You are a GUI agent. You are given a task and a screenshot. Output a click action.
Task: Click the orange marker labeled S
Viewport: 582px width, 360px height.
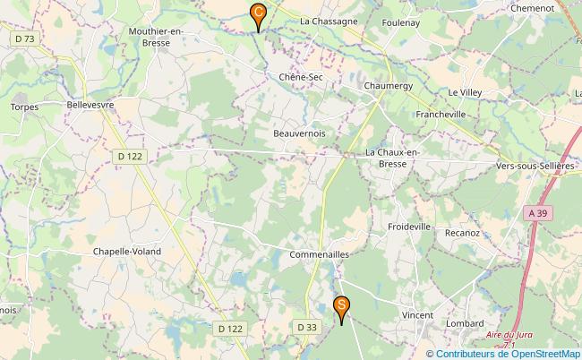tap(341, 307)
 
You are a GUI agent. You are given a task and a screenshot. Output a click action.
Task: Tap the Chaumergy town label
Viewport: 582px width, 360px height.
tap(388, 85)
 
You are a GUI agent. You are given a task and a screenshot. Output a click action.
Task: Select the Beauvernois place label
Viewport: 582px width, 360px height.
tap(299, 133)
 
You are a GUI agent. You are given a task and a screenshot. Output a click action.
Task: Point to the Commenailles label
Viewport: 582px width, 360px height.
tap(319, 255)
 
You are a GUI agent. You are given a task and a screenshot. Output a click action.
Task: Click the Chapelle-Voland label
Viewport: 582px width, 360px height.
tap(127, 252)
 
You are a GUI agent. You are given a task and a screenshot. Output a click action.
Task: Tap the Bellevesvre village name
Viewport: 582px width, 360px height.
tap(90, 105)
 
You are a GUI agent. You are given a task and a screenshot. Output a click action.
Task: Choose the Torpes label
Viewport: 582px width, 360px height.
tap(24, 107)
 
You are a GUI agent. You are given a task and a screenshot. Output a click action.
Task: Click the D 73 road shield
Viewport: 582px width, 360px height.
tap(25, 39)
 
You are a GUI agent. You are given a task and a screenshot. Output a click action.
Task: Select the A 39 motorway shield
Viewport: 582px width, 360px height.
tap(536, 212)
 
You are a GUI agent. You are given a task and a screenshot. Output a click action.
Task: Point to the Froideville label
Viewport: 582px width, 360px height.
tap(410, 227)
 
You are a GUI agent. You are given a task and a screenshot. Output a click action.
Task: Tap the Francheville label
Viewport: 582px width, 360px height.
tap(441, 115)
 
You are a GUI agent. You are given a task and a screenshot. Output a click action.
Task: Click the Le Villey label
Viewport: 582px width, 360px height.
tap(465, 92)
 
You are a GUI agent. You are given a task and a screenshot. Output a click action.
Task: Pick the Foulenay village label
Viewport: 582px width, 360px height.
tap(400, 22)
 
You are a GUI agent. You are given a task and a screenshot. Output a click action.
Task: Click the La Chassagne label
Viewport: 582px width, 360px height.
tap(330, 21)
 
